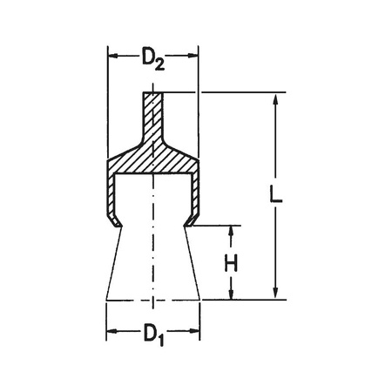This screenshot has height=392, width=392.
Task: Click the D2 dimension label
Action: [153, 59]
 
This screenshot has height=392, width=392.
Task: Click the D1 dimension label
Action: [154, 335]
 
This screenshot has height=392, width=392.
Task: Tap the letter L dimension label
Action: [276, 194]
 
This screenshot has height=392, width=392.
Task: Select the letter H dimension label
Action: [231, 263]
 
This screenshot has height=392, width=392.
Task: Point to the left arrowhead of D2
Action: [113, 55]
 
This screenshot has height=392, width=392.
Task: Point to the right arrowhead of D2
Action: [193, 55]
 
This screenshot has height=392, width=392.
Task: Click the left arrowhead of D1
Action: [112, 331]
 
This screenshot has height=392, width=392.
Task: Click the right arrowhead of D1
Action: [194, 331]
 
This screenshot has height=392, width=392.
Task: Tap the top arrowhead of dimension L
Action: [275, 98]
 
